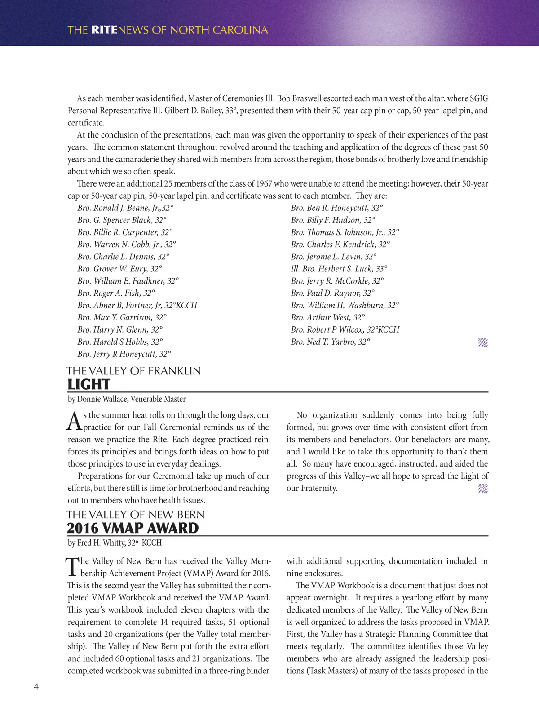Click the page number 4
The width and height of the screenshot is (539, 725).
36,686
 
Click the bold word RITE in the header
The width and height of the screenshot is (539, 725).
104,30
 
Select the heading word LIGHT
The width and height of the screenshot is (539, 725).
88,385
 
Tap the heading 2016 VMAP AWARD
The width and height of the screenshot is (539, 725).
133,528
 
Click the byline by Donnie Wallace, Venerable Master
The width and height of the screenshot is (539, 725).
127,399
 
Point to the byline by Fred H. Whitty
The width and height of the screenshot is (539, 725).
115,543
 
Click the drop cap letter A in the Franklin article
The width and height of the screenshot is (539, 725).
74,421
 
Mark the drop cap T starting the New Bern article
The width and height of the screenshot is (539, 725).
72,567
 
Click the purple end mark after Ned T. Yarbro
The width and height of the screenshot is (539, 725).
483,342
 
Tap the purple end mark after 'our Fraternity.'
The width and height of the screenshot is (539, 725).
483,489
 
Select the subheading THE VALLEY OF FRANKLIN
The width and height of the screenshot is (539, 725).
134,371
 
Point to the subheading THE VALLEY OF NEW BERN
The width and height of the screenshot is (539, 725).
136,515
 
